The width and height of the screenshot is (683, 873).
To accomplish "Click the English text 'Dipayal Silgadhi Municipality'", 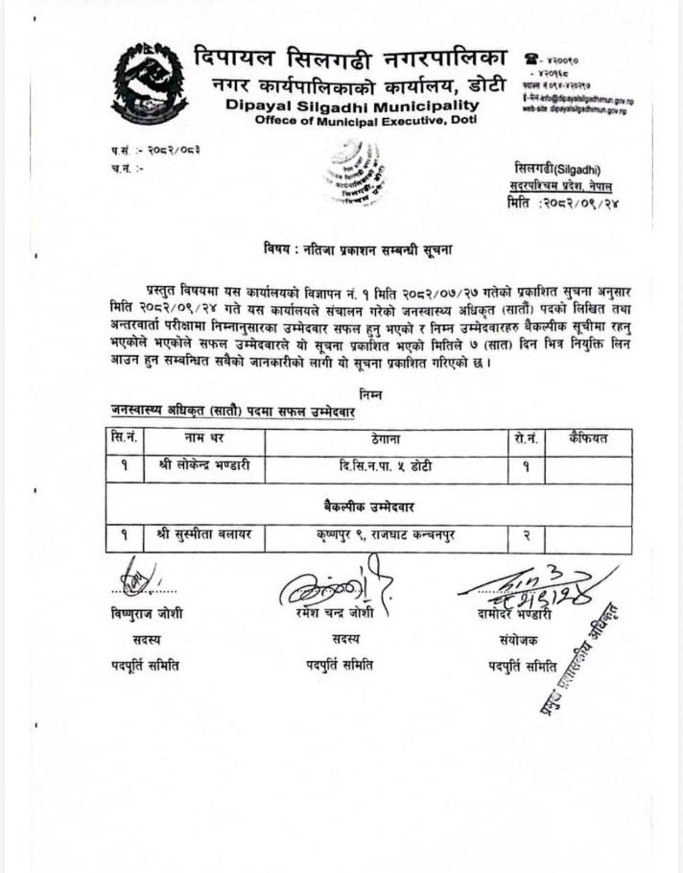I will click(x=352, y=105).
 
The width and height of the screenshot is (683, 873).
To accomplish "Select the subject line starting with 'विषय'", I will click(x=358, y=249).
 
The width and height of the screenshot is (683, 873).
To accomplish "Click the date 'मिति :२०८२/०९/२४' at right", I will click(x=561, y=203).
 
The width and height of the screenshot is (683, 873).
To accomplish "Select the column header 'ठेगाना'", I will click(x=386, y=440).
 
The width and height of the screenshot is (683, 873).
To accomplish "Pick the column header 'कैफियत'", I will click(x=587, y=439).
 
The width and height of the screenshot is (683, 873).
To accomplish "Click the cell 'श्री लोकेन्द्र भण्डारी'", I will click(x=203, y=467).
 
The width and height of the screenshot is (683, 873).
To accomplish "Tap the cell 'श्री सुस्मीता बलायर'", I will click(x=203, y=535).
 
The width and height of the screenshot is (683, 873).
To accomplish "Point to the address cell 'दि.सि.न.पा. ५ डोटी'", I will click(x=386, y=467).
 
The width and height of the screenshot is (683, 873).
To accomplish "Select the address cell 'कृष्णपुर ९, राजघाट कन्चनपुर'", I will click(x=386, y=535).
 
